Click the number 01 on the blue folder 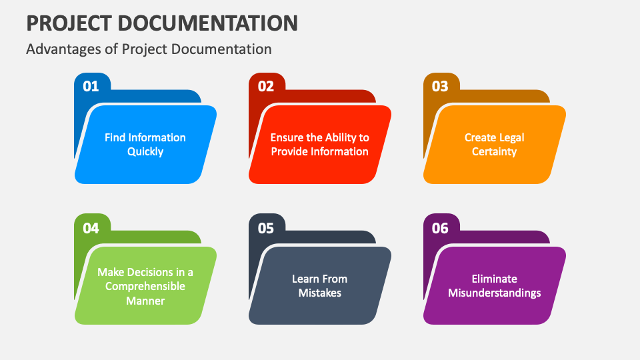pyautogui.click(x=91, y=86)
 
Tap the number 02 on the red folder pyautogui.click(x=266, y=86)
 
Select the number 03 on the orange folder pyautogui.click(x=440, y=86)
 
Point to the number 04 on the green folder pyautogui.click(x=91, y=228)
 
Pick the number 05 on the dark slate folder pyautogui.click(x=266, y=228)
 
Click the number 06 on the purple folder pyautogui.click(x=440, y=228)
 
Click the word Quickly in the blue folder pyautogui.click(x=145, y=152)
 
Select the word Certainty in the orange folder pyautogui.click(x=494, y=152)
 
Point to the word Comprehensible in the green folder pyautogui.click(x=145, y=287)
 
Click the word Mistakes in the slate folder pyautogui.click(x=319, y=293)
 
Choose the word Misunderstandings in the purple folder pyautogui.click(x=494, y=293)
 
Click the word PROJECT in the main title pyautogui.click(x=69, y=23)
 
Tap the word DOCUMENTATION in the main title pyautogui.click(x=208, y=23)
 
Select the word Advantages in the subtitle pyautogui.click(x=64, y=49)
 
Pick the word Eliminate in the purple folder pyautogui.click(x=494, y=279)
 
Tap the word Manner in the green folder pyautogui.click(x=145, y=301)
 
